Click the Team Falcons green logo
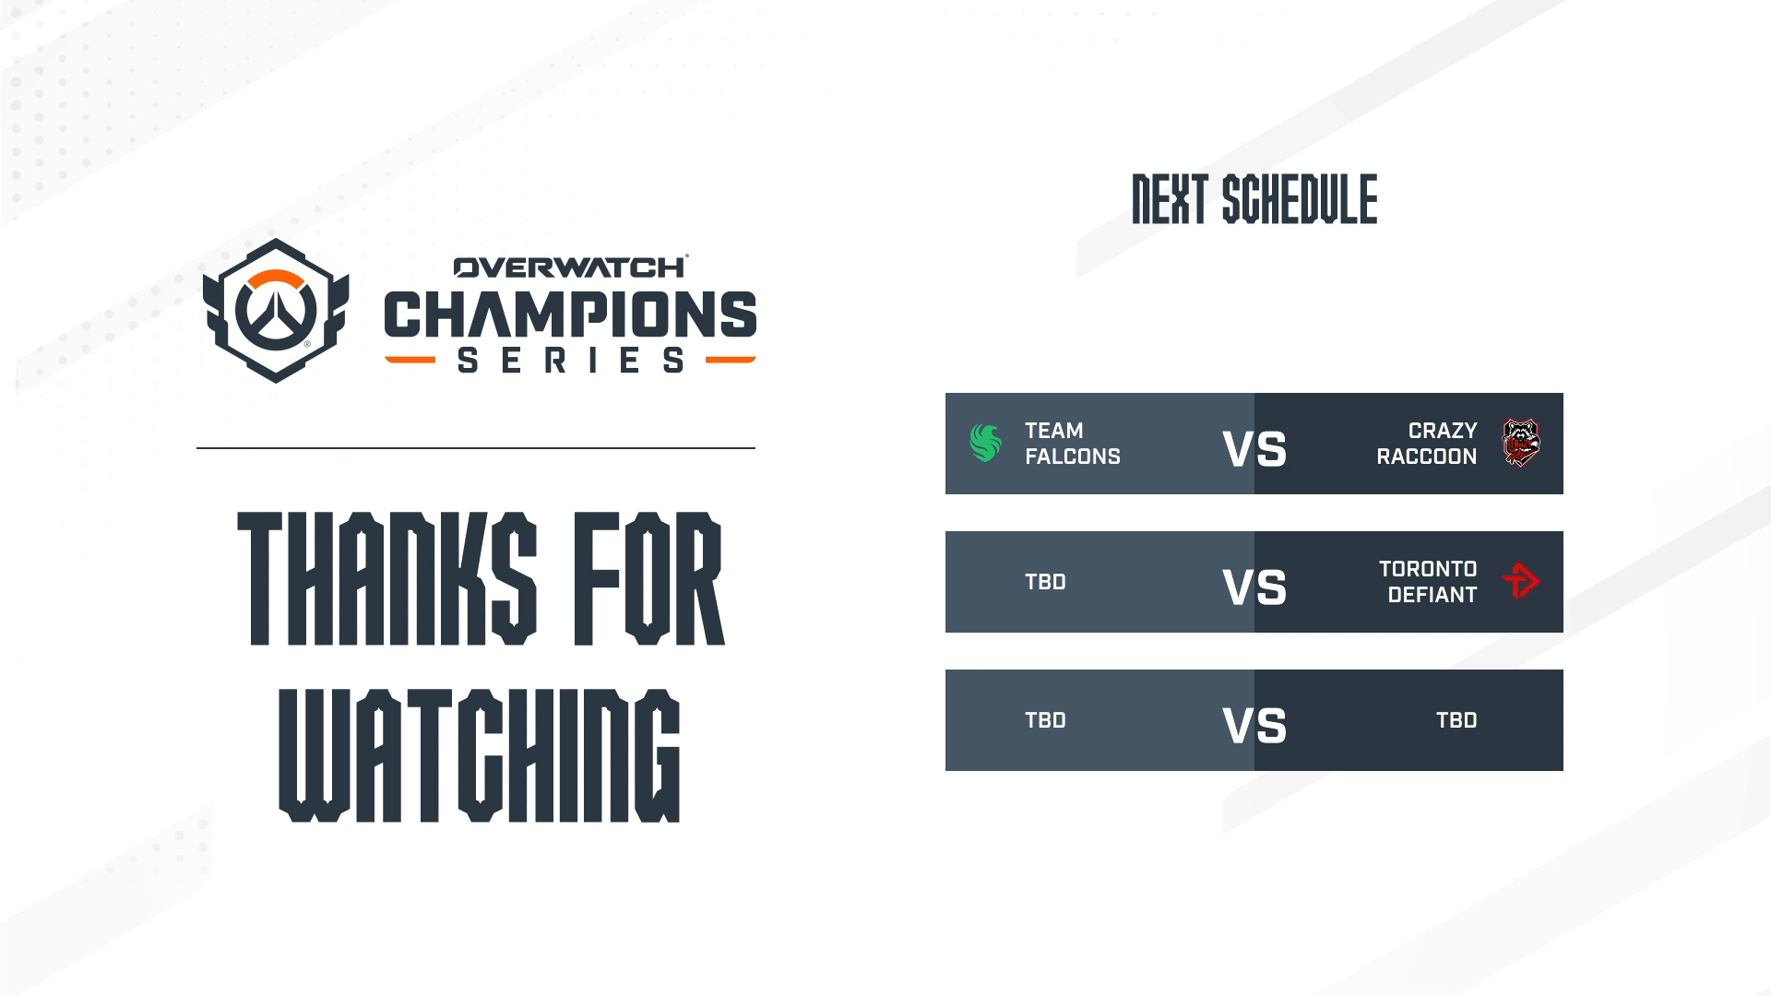tap(985, 443)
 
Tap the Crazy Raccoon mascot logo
tap(1520, 443)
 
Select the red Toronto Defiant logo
tap(1521, 581)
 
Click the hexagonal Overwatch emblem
tap(276, 311)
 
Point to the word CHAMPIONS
tap(570, 314)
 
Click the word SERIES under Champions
tap(571, 360)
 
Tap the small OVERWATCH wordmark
tap(571, 267)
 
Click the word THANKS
tap(387, 578)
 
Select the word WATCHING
tap(480, 755)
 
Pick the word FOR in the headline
tap(649, 578)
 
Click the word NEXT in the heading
tap(1170, 199)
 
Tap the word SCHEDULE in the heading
tap(1300, 199)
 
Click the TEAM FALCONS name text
tap(1073, 444)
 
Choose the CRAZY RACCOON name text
tap(1427, 444)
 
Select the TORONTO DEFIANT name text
tap(1428, 582)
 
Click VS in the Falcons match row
tap(1254, 450)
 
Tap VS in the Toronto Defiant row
tap(1254, 587)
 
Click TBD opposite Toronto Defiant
tap(1045, 582)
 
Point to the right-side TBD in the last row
tap(1456, 720)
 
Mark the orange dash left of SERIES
tap(410, 360)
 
